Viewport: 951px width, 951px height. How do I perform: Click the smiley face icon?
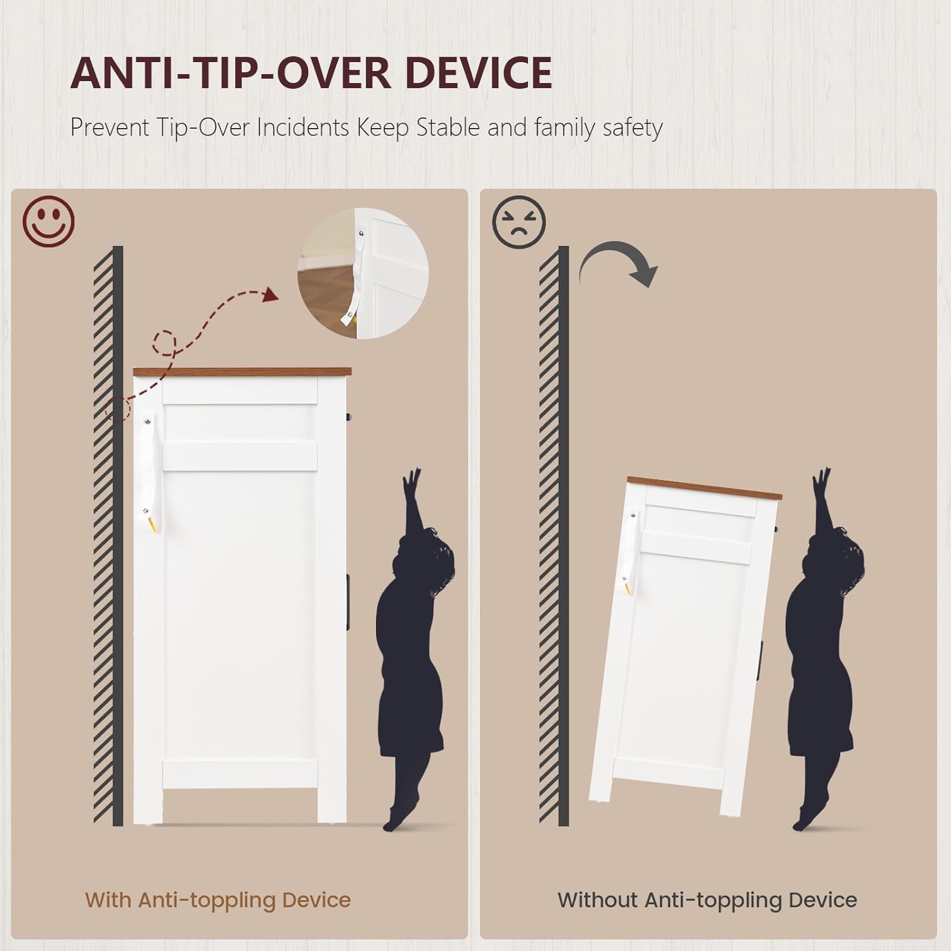coord(49,221)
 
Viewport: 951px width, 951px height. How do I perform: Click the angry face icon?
coord(519,222)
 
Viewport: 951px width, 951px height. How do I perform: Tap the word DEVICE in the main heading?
coord(479,73)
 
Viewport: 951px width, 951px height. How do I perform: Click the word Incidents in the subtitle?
coord(303,127)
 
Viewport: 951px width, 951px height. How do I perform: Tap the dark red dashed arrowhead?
coord(270,295)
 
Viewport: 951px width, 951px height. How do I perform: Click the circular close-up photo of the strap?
coord(363,273)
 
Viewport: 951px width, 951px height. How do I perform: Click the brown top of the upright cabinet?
coord(242,372)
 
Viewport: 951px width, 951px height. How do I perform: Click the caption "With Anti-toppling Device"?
coord(218,900)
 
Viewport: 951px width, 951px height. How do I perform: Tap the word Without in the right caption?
coord(597,900)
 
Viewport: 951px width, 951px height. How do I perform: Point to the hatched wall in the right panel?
coord(553,536)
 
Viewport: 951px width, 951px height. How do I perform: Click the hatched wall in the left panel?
coord(108,536)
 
